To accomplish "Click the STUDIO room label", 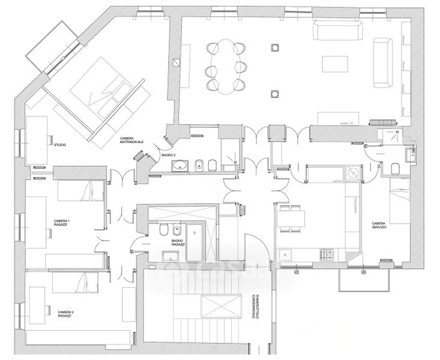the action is point(60,146).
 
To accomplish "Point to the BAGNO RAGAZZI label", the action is point(176,243).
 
